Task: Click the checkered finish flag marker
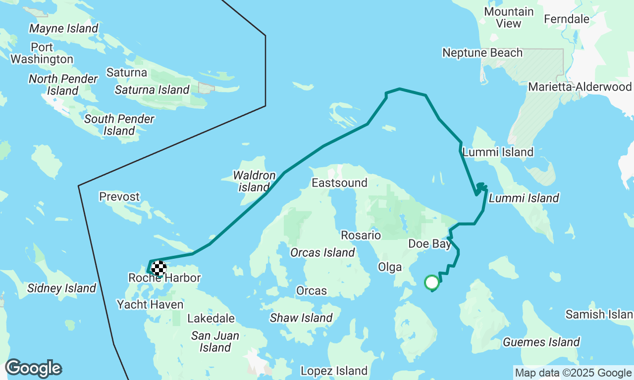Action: pos(158,268)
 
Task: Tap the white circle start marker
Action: pos(432,283)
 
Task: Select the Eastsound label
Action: pos(339,183)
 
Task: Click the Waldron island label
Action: pos(255,182)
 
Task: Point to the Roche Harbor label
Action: pos(164,278)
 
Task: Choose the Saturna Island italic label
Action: pos(152,90)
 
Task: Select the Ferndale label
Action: pos(567,19)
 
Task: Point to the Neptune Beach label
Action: pos(482,52)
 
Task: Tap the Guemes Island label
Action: pos(541,342)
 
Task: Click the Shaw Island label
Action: pos(301,318)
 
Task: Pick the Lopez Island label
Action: pos(334,371)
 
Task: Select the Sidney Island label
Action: pos(61,288)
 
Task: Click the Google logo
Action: pos(33,369)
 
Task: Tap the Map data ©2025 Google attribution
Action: pos(573,373)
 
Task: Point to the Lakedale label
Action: pos(211,318)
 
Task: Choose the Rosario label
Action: pos(361,235)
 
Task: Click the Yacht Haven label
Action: pos(150,304)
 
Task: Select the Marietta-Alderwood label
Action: pos(580,87)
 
